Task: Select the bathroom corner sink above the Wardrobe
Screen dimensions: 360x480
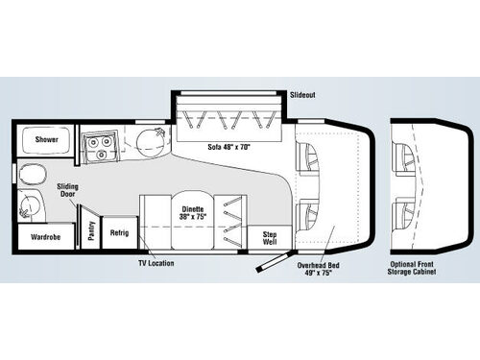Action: pos(29,204)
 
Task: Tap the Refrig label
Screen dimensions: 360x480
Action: pos(119,232)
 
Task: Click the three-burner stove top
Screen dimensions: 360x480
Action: pos(100,146)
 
